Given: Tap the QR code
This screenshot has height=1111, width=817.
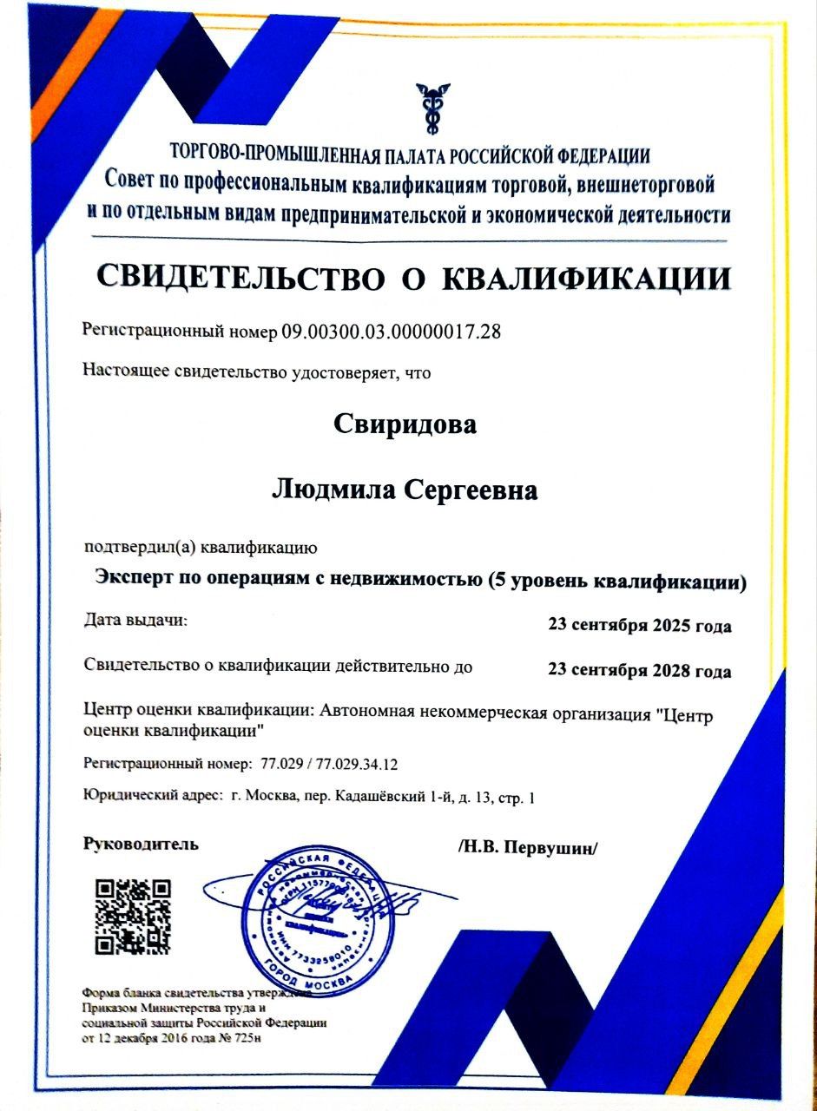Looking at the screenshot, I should coord(133,916).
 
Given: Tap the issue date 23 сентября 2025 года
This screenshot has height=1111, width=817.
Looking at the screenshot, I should coord(639,626).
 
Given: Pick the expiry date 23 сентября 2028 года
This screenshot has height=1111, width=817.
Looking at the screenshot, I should coord(639,671).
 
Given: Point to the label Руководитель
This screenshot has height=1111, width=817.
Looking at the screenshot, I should coord(141,843).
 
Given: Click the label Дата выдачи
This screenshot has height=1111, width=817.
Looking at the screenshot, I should coord(135,621).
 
